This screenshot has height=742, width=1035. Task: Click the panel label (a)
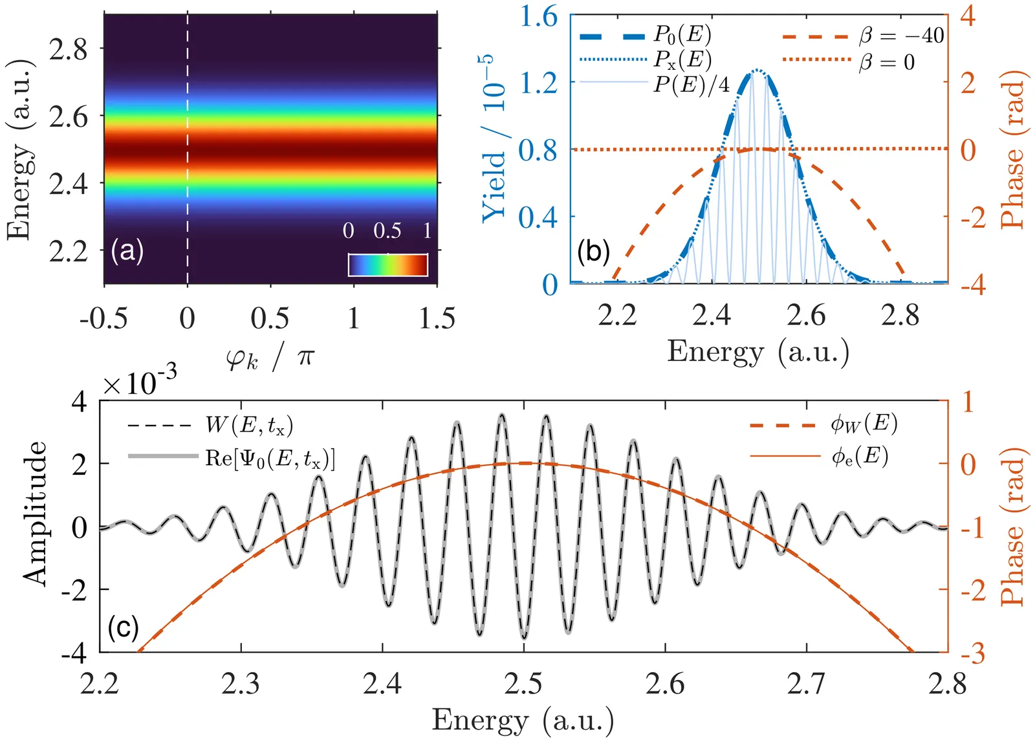coord(127,250)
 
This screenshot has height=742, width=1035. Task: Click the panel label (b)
coord(593,250)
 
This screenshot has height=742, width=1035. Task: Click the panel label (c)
coord(123,627)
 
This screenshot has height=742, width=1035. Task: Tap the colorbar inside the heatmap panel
coord(387,265)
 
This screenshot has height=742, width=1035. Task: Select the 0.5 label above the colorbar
coord(387,231)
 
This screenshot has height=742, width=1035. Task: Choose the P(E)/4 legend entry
coord(691,84)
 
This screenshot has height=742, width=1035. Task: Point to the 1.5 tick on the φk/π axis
coord(437,318)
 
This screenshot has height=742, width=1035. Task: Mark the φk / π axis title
coord(270,357)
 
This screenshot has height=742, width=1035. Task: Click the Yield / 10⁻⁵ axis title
coord(496,137)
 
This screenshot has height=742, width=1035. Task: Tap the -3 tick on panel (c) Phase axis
coord(968,653)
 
